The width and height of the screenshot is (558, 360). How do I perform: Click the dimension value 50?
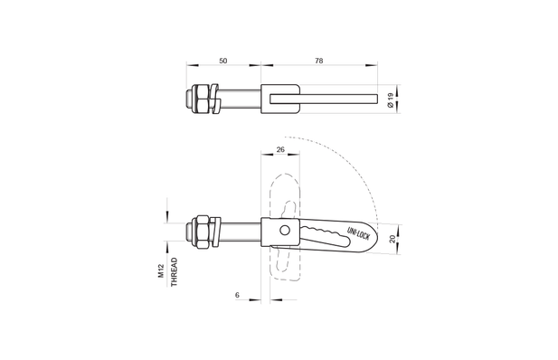click(223, 61)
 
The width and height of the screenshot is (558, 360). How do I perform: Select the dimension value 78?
click(318, 61)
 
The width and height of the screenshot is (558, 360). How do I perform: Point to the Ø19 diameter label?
click(390, 100)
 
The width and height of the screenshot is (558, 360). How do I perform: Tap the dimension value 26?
click(280, 149)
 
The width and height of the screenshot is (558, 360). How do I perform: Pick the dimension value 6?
click(237, 295)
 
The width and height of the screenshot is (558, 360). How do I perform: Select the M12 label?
click(161, 273)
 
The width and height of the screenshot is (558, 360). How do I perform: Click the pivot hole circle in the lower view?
click(285, 231)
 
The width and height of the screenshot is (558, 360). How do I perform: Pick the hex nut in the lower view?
click(202, 232)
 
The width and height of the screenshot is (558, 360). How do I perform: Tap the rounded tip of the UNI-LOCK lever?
click(370, 236)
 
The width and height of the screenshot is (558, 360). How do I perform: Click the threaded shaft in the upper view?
click(241, 99)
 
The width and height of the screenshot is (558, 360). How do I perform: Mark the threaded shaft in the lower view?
click(241, 232)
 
